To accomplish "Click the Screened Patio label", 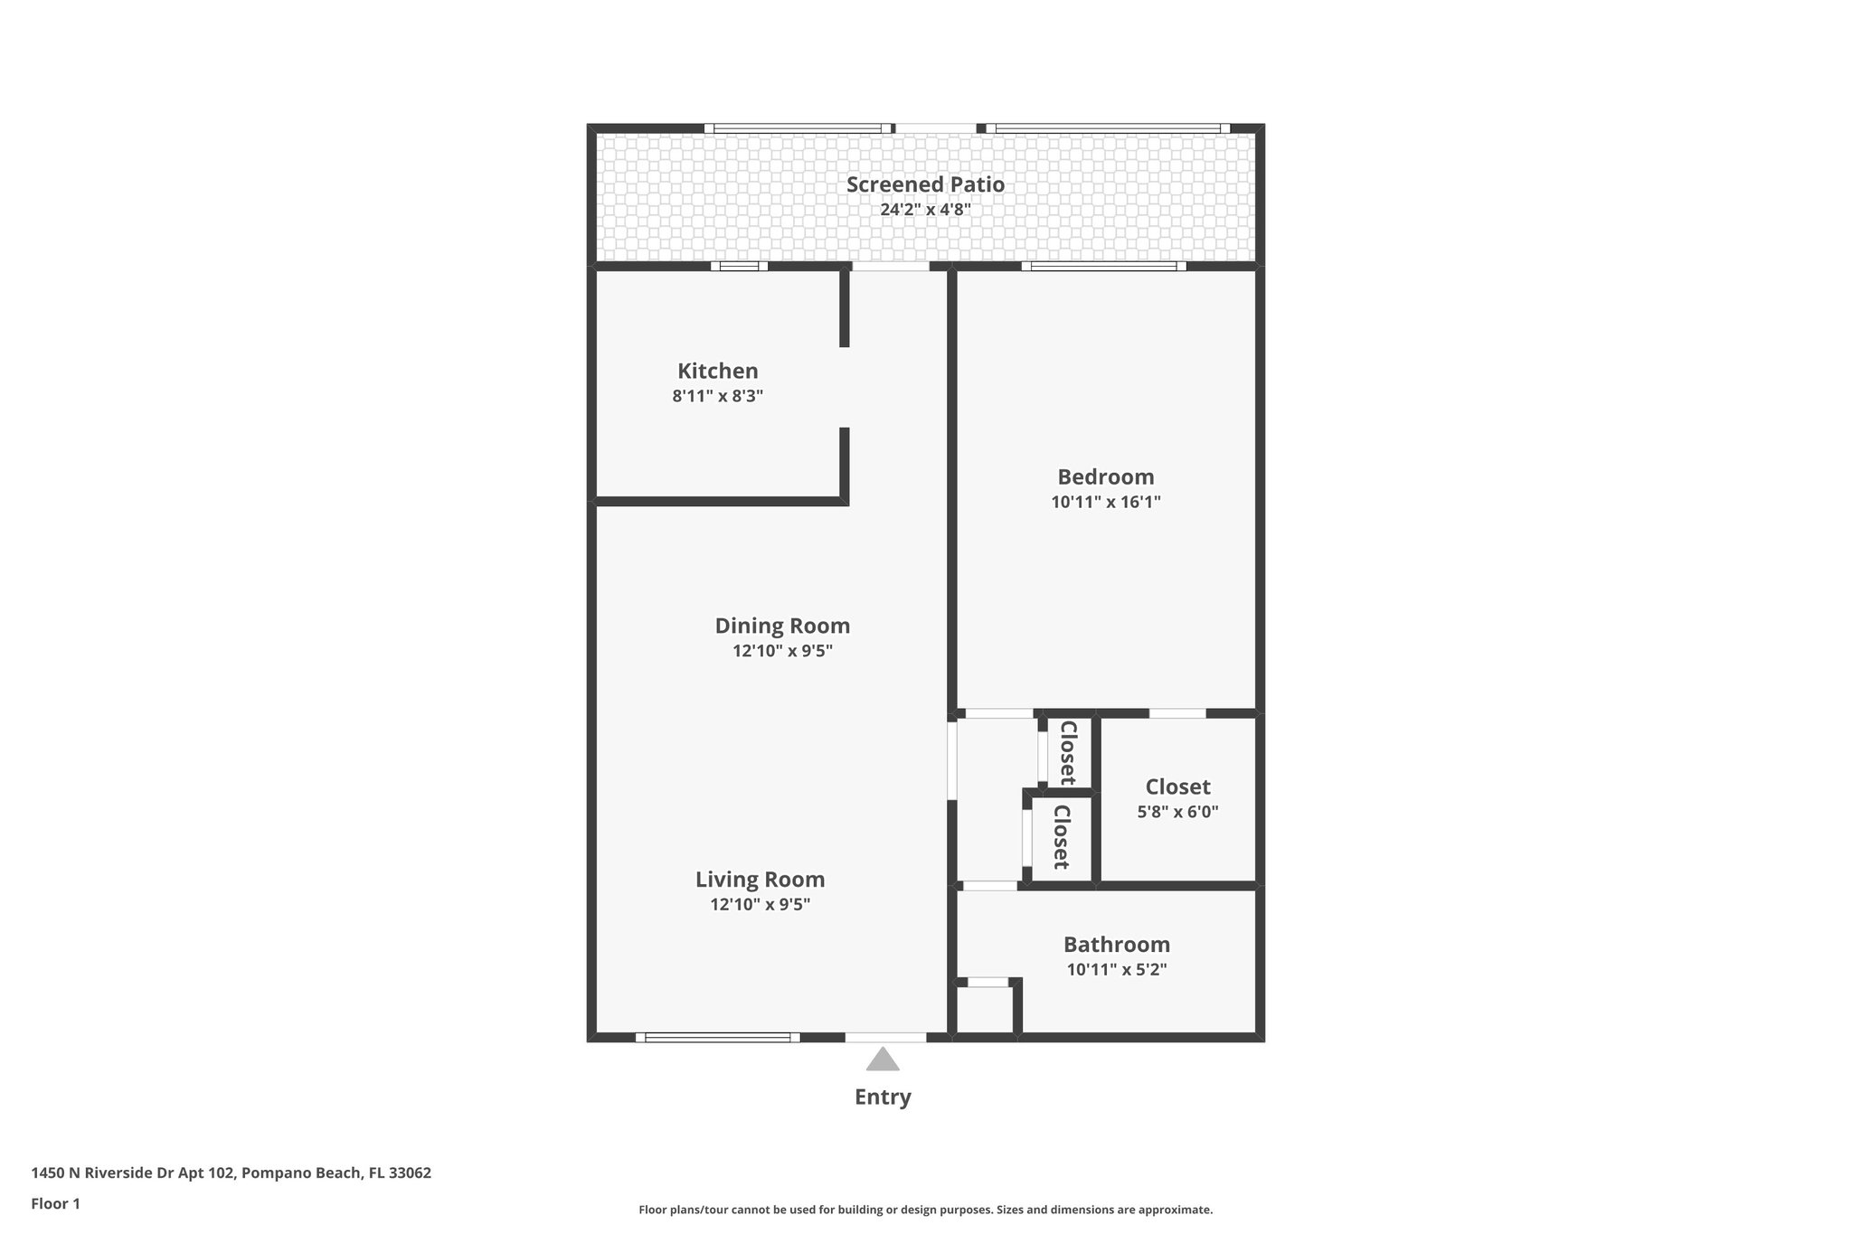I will (925, 184).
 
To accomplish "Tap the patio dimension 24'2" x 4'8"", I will (925, 210).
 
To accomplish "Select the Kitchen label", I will (717, 371).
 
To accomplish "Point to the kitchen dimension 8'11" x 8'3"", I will (717, 396).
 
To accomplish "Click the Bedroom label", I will (1105, 476).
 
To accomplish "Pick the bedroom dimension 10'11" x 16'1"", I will (1105, 502).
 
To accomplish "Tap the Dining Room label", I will (782, 626).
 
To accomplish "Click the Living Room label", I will (760, 879).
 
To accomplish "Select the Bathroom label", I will (1116, 945).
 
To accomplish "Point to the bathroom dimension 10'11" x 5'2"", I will (1116, 970).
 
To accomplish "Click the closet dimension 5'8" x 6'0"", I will (1177, 812).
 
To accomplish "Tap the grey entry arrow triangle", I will (883, 1060).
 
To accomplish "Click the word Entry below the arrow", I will (883, 1097).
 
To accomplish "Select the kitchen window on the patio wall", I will (739, 267).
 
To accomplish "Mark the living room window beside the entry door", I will (717, 1038).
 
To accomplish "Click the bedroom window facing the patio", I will (1103, 267).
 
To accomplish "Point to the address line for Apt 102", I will (231, 1173).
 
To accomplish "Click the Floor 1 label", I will (55, 1203).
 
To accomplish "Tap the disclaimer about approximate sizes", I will (925, 1210).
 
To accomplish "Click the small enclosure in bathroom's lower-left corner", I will (985, 1010).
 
